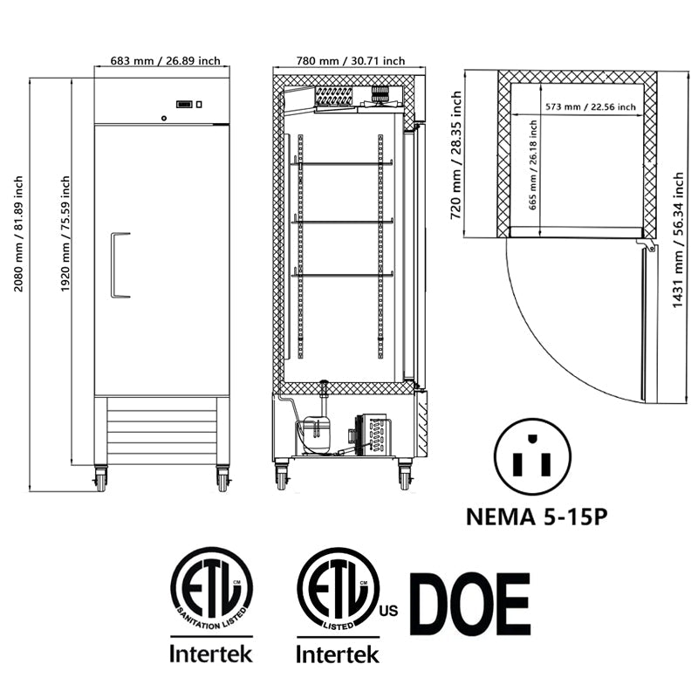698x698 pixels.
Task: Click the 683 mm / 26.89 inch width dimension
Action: (x=164, y=61)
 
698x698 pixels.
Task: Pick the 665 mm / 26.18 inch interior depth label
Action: (x=532, y=173)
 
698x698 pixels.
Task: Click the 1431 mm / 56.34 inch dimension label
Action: (x=679, y=241)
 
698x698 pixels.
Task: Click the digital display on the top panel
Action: (x=184, y=105)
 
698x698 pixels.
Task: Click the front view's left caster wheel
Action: (x=100, y=479)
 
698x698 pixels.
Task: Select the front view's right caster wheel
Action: (x=222, y=479)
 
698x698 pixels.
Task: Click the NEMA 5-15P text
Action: (x=536, y=517)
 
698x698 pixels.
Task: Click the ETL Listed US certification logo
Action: (x=339, y=588)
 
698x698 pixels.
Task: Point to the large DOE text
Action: (x=470, y=604)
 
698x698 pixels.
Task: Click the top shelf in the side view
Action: (x=341, y=163)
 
